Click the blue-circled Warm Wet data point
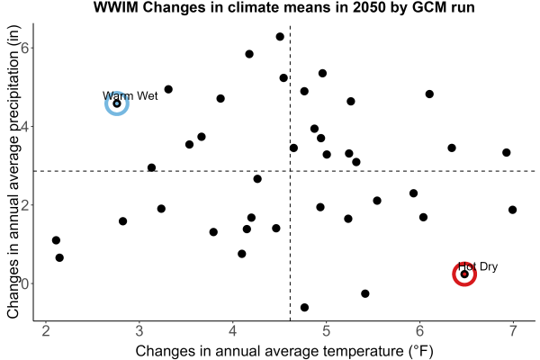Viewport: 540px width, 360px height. pos(117,103)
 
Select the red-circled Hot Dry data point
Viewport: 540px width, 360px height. pos(464,274)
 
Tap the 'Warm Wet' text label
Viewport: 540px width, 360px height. pos(130,95)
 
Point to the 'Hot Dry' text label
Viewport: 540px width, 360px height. pos(478,266)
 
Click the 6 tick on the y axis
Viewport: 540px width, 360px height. pos(25,48)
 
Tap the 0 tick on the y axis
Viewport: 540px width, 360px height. pos(25,283)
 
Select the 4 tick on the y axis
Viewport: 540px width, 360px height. pos(25,126)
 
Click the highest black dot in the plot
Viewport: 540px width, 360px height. pos(280,37)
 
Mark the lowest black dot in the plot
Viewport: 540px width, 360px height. pos(304,307)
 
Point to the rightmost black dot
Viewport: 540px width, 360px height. pos(512,210)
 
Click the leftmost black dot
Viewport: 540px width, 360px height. pos(56,240)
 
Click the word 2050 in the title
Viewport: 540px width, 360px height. pos(369,7)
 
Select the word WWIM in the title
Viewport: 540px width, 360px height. pos(116,7)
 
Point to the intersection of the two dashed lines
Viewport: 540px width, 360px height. pos(291,171)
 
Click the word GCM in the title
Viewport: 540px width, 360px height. pos(427,7)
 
